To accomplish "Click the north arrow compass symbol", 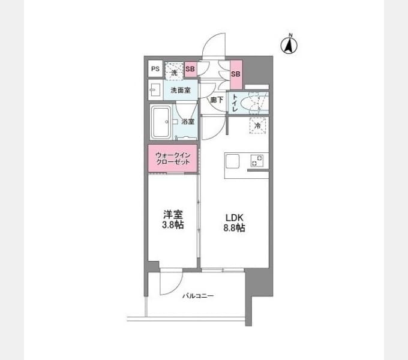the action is pyautogui.click(x=289, y=45).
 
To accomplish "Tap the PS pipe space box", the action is pyautogui.click(x=155, y=68).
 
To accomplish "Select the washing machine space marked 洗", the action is pyautogui.click(x=174, y=70).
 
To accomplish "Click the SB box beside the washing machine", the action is pyautogui.click(x=190, y=69).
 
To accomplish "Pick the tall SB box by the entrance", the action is pyautogui.click(x=236, y=74).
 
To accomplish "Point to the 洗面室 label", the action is pyautogui.click(x=181, y=90).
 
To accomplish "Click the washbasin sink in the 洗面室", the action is pyautogui.click(x=155, y=90).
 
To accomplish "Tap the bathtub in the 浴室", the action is pyautogui.click(x=161, y=122).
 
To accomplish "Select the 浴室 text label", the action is pyautogui.click(x=188, y=121).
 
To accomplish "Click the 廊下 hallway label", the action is pyautogui.click(x=217, y=100).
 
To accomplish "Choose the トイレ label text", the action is pyautogui.click(x=235, y=103).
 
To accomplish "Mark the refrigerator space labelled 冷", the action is pyautogui.click(x=257, y=125).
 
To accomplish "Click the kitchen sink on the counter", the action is pyautogui.click(x=232, y=161).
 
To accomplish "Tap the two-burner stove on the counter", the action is pyautogui.click(x=257, y=160).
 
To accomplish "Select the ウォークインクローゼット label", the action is pyautogui.click(x=173, y=158).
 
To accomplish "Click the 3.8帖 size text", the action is pyautogui.click(x=173, y=225).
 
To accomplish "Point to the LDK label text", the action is pyautogui.click(x=234, y=217).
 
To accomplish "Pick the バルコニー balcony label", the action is pyautogui.click(x=198, y=296).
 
